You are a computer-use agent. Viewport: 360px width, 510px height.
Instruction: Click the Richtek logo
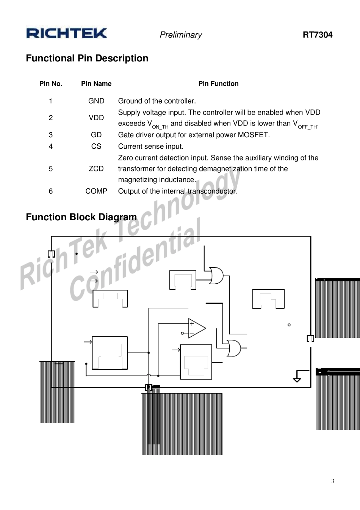tap(67, 33)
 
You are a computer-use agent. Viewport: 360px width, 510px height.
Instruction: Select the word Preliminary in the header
tap(181, 35)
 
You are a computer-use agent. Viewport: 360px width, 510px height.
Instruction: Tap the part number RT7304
tap(317, 35)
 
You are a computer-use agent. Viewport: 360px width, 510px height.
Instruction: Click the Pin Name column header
tap(96, 84)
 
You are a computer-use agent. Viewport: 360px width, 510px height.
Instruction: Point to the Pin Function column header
tap(218, 84)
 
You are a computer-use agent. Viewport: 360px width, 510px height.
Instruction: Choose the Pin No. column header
tap(51, 84)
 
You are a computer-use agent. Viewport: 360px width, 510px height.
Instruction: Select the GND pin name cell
tap(96, 101)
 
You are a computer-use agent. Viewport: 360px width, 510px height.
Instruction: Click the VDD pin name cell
tap(96, 118)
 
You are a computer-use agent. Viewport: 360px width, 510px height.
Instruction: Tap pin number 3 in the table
tap(51, 135)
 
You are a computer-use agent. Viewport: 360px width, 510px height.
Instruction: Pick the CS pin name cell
tap(96, 146)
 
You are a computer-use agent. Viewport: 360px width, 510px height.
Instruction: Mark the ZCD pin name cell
tap(96, 169)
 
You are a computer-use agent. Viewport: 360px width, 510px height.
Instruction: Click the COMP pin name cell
tap(96, 191)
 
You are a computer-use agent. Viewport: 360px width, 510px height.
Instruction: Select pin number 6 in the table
tap(51, 191)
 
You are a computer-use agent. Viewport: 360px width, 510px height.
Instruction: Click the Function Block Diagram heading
tap(81, 217)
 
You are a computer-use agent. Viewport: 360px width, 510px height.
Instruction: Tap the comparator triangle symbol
tap(196, 328)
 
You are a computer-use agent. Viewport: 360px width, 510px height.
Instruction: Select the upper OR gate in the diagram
tap(216, 276)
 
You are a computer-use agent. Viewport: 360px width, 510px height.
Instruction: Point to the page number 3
tap(333, 481)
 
